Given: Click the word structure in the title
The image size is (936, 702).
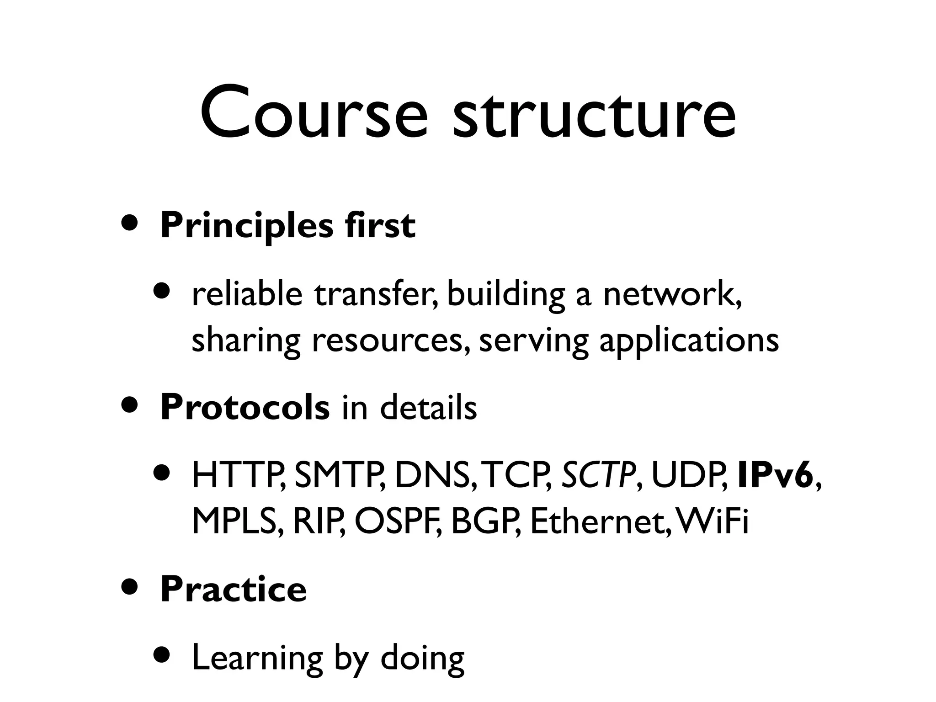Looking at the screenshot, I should click(x=594, y=112).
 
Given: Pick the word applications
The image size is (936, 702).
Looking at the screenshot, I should click(x=689, y=340).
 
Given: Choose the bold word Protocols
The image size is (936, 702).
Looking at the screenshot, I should click(x=245, y=407).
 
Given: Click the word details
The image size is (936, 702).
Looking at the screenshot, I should click(x=428, y=407).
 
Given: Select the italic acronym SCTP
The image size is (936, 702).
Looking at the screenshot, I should click(x=598, y=476).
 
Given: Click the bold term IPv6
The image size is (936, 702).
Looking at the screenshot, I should click(x=775, y=476).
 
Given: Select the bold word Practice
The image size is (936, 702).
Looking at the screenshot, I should click(x=233, y=589).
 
